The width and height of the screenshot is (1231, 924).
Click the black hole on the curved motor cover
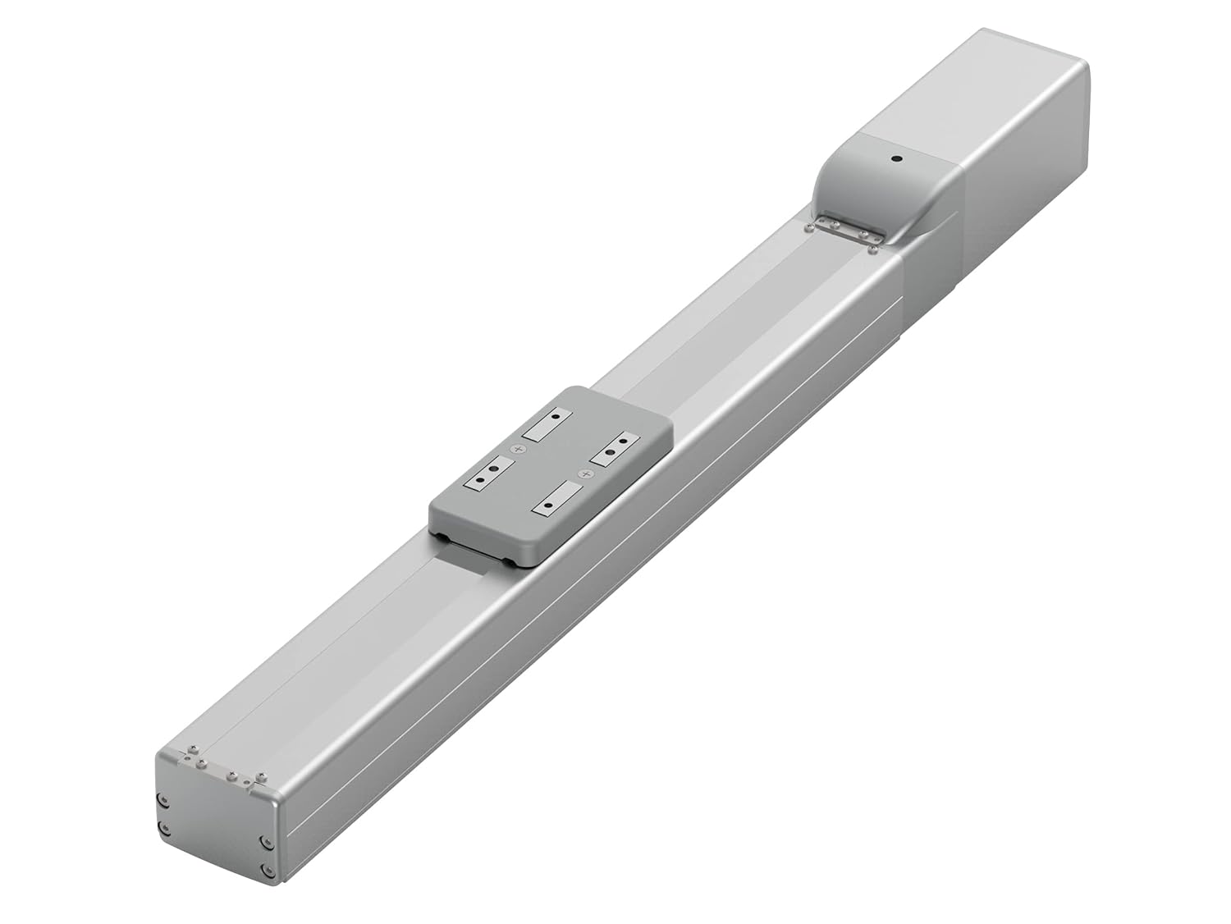896,159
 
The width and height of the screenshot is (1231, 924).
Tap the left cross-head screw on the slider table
517,449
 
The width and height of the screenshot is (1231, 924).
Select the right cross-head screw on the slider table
584,474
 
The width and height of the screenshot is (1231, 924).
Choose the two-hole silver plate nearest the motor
615,451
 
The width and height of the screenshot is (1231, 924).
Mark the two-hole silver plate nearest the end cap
489,477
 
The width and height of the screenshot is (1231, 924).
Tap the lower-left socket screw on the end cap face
163,826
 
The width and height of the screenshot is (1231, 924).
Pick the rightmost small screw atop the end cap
262,775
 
